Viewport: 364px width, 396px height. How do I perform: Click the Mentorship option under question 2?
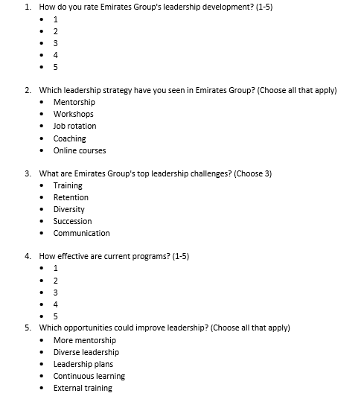pyautogui.click(x=74, y=102)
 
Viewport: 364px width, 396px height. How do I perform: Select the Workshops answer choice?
pyautogui.click(x=73, y=114)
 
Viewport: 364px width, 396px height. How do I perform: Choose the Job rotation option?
pyautogui.click(x=74, y=126)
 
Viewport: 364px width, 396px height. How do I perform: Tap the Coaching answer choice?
pyautogui.click(x=69, y=138)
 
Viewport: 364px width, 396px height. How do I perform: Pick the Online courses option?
pyautogui.click(x=79, y=150)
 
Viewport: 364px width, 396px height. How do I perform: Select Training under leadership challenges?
pyautogui.click(x=68, y=185)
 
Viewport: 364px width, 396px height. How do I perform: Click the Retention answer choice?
pyautogui.click(x=71, y=197)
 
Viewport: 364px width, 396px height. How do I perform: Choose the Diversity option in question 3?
pyautogui.click(x=69, y=209)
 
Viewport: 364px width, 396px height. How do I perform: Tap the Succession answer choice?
pyautogui.click(x=72, y=221)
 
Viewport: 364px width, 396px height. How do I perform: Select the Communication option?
pyautogui.click(x=81, y=233)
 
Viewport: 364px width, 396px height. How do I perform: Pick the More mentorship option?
pyautogui.click(x=84, y=340)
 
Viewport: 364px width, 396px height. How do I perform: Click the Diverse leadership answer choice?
pyautogui.click(x=86, y=352)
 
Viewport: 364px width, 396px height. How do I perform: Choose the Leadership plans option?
pyautogui.click(x=83, y=364)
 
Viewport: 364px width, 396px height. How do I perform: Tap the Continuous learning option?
pyautogui.click(x=89, y=376)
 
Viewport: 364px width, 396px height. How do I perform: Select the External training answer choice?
pyautogui.click(x=83, y=388)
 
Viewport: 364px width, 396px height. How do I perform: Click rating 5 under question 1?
pyautogui.click(x=56, y=67)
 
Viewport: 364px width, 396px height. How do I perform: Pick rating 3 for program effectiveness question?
pyautogui.click(x=56, y=293)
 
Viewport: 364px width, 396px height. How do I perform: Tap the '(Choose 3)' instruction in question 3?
pyautogui.click(x=253, y=173)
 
